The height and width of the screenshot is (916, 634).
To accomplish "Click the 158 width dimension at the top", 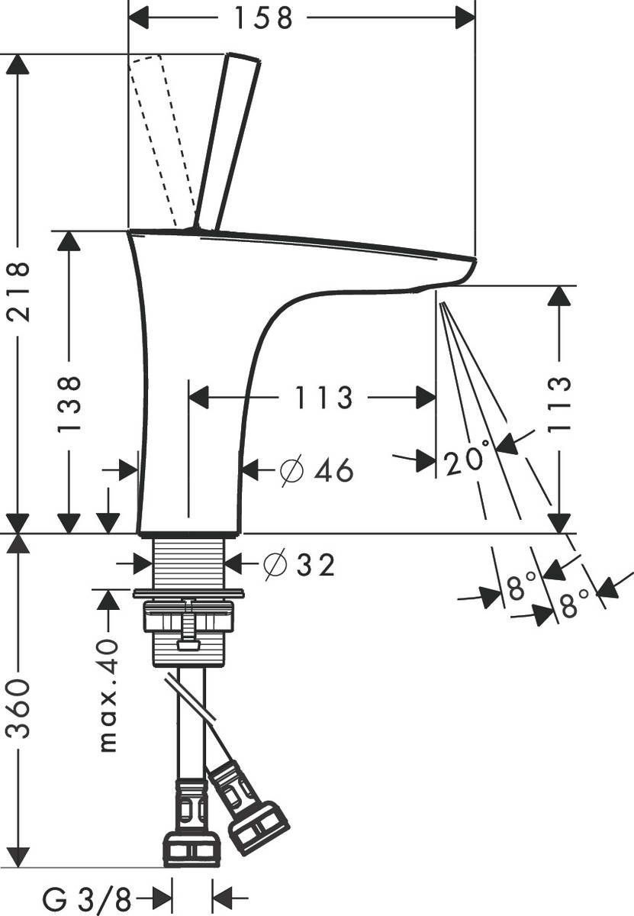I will (x=264, y=18).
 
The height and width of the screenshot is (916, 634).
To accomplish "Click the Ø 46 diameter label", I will (x=317, y=471).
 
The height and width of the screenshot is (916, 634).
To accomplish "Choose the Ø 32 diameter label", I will (x=298, y=565).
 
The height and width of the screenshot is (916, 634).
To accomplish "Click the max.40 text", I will (x=108, y=695).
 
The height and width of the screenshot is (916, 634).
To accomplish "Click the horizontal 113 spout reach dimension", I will (x=314, y=398).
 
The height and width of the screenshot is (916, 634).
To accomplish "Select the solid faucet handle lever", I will (x=227, y=141).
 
